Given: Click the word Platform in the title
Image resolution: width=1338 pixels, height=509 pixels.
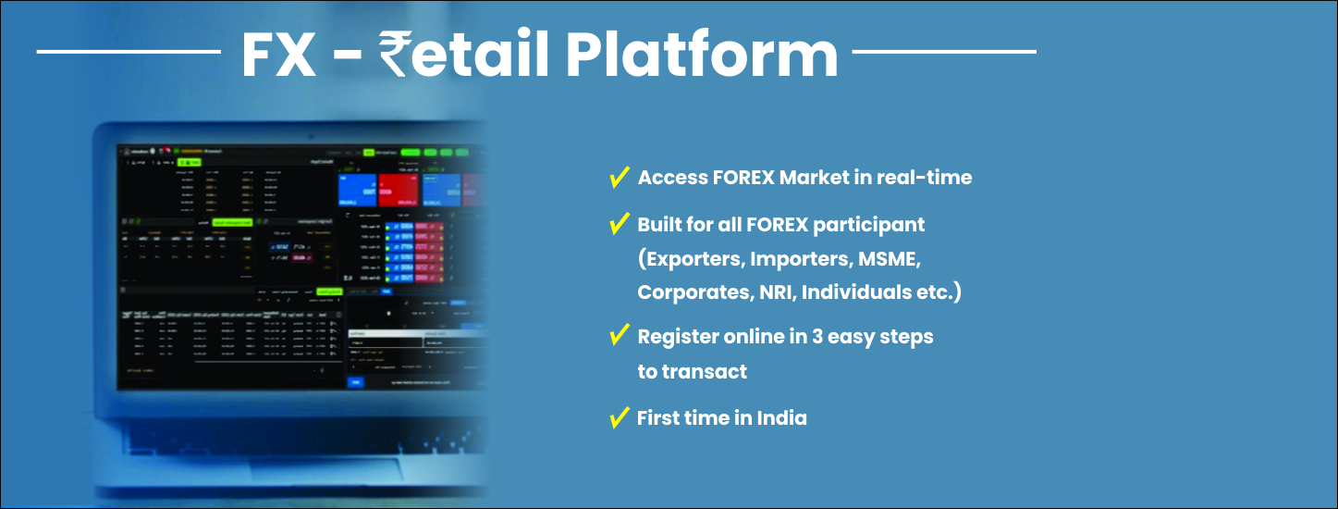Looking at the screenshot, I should pos(701,56).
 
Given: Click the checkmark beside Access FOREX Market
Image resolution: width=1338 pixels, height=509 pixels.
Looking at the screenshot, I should pos(619,178).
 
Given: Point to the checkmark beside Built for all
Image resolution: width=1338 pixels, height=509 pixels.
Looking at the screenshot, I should pos(619,224).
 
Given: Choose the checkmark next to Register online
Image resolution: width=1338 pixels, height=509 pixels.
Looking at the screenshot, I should pos(619,336).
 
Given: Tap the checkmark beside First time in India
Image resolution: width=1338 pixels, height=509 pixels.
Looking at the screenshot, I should pos(619,418).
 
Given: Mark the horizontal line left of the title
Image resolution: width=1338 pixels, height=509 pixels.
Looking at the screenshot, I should pos(129,51).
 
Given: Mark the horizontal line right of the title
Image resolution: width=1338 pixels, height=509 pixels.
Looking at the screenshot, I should pos(943,51).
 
